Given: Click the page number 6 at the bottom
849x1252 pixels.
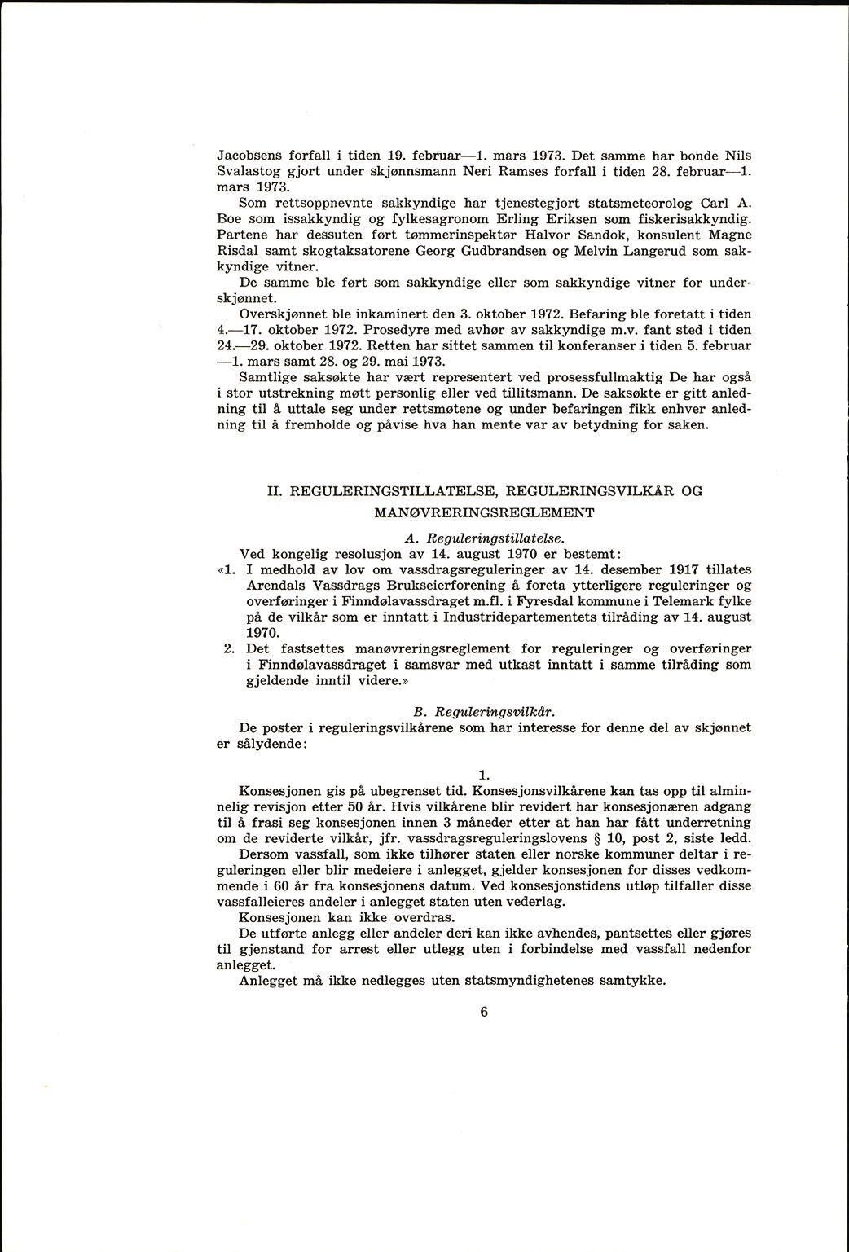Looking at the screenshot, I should pyautogui.click(x=483, y=1013).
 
